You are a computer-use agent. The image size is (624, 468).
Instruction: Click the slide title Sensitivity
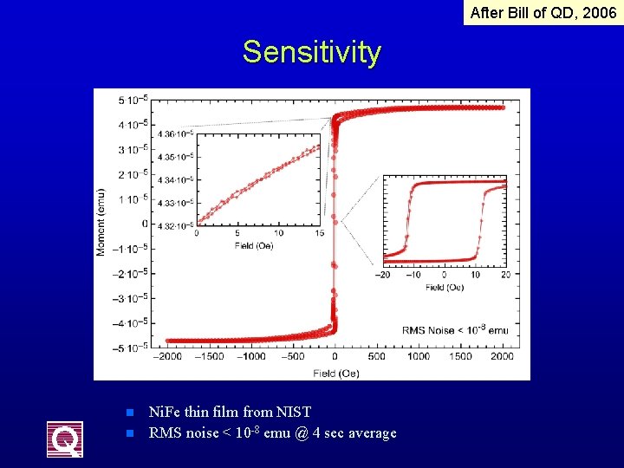(x=311, y=53)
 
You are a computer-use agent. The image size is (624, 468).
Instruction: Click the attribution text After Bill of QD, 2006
(x=543, y=13)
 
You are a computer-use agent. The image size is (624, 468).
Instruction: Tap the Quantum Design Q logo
(x=65, y=439)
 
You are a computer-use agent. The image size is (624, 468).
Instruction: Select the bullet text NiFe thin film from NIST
(x=229, y=412)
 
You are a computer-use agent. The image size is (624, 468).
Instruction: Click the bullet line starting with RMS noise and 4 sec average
(x=272, y=432)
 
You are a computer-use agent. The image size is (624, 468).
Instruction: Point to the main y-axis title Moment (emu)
(x=101, y=222)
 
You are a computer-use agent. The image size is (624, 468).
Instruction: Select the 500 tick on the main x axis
(x=377, y=356)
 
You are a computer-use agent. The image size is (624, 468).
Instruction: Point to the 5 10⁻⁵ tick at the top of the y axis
(x=133, y=100)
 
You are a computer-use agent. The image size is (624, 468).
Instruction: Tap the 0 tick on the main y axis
(x=145, y=224)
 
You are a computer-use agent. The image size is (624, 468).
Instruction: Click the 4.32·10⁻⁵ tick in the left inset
(x=177, y=225)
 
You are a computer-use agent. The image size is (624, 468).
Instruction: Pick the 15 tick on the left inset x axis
(x=319, y=234)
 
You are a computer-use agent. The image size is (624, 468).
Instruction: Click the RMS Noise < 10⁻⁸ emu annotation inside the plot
(x=455, y=330)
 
